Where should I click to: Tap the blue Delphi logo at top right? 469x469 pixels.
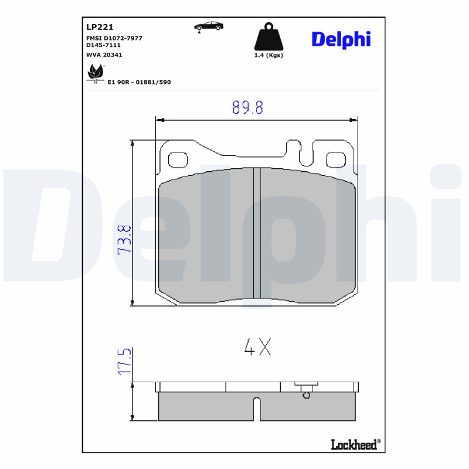(341, 39)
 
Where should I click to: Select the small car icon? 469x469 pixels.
(209, 26)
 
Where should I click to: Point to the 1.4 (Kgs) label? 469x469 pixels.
(269, 55)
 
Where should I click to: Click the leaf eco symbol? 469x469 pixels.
(94, 73)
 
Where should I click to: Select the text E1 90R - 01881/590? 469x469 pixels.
(140, 82)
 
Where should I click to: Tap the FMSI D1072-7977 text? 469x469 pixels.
(114, 38)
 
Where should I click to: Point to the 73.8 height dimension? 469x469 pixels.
(124, 239)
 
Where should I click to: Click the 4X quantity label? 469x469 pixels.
(258, 347)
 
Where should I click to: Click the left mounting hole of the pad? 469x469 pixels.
(177, 159)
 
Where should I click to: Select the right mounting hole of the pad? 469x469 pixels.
(336, 159)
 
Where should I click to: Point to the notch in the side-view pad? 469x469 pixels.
(256, 407)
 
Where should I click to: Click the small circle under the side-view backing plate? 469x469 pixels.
(305, 395)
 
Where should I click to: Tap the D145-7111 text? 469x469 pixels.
(104, 45)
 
